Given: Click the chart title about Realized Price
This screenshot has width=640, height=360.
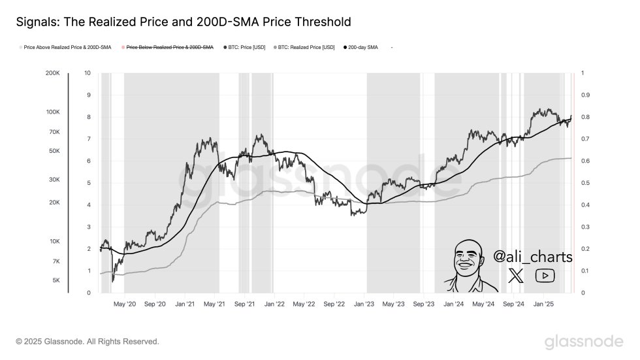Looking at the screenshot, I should pyautogui.click(x=183, y=22).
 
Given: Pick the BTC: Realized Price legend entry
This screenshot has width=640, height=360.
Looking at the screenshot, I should pyautogui.click(x=306, y=47).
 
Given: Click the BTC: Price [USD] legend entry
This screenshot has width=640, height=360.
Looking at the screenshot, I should pyautogui.click(x=245, y=47).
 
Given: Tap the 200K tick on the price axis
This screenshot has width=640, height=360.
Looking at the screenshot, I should pyautogui.click(x=53, y=73).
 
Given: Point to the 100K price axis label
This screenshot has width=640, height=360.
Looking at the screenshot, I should pyautogui.click(x=53, y=112).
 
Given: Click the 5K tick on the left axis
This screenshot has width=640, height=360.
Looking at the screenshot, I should pyautogui.click(x=56, y=280).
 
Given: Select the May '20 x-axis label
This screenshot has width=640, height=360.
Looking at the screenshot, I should pyautogui.click(x=124, y=304).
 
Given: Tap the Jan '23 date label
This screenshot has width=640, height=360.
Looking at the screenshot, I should pyautogui.click(x=364, y=304).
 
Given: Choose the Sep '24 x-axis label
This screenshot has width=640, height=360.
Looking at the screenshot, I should pyautogui.click(x=513, y=304).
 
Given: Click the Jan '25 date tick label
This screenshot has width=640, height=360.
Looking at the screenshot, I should pyautogui.click(x=543, y=304).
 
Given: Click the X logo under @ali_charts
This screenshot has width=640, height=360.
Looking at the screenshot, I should pyautogui.click(x=516, y=276).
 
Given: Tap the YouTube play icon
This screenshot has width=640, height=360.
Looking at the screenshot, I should pyautogui.click(x=545, y=276).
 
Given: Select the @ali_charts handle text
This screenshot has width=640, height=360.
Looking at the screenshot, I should pyautogui.click(x=532, y=257).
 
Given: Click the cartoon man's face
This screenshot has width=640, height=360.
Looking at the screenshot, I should pyautogui.click(x=468, y=259).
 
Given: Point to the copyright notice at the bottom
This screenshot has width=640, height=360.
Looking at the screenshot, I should pyautogui.click(x=87, y=341).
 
